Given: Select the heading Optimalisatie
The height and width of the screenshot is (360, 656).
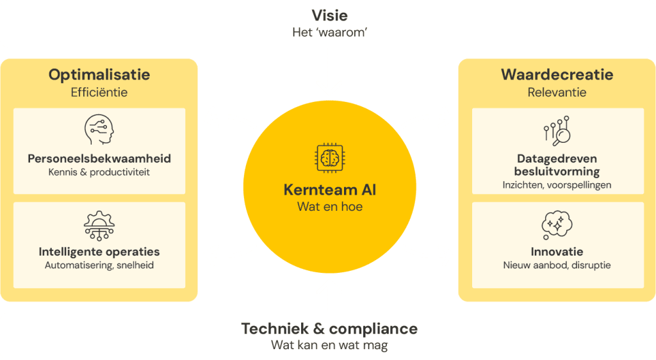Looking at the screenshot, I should coord(99,75).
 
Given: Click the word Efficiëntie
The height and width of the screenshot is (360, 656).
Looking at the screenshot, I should coord(99,92).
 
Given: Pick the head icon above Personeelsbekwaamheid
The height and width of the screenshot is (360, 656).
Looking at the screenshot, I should coord(99,130).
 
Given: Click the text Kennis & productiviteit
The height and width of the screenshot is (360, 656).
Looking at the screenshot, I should coord(99,172).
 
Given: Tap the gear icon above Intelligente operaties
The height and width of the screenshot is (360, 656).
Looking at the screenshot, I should coord(99,225).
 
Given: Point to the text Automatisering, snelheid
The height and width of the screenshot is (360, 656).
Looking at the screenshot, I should coord(99,265).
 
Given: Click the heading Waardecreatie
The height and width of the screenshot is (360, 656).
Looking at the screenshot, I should coord(557,75).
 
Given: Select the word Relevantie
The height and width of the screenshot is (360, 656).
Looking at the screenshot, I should coord(557,92).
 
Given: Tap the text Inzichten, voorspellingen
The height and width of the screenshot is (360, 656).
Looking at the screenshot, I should coord(557,185).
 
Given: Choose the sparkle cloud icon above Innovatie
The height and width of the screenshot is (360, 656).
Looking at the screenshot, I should coord(557,224).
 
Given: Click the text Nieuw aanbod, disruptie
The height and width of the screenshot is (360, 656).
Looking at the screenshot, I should coord(557,265).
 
